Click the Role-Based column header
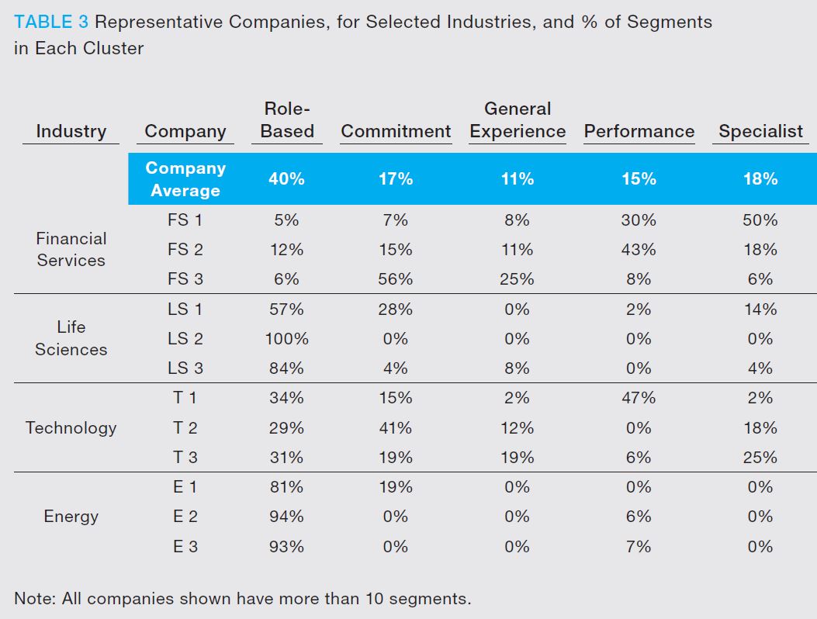[x=287, y=120]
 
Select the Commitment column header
[x=396, y=132]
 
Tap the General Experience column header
[x=518, y=120]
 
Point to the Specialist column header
[x=760, y=132]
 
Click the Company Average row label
[x=185, y=179]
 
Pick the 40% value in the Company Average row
[x=286, y=179]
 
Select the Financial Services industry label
[x=71, y=249]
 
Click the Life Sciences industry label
[x=71, y=338]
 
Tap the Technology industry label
[x=71, y=427]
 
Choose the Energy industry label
[x=71, y=517]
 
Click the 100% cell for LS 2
[x=286, y=339]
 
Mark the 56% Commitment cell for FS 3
[x=395, y=279]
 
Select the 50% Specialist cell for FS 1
[x=760, y=220]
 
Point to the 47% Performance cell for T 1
[x=639, y=398]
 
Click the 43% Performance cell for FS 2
[x=639, y=250]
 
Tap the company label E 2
[x=185, y=517]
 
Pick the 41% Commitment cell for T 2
[x=395, y=427]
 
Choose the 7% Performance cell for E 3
[x=639, y=547]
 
